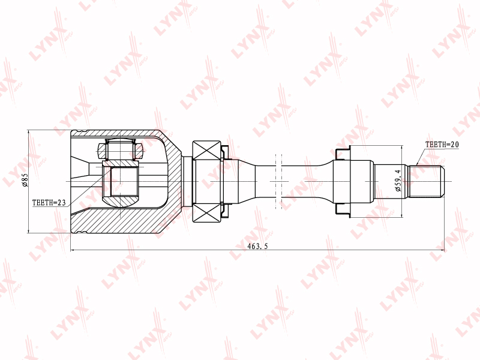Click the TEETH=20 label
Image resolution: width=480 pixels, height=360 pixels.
[442, 145]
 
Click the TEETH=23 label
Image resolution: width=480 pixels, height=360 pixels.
[49, 203]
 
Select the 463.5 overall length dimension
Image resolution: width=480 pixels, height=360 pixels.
[257, 246]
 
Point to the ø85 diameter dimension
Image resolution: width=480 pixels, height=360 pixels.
[25, 180]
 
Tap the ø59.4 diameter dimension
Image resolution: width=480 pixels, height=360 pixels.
[398, 181]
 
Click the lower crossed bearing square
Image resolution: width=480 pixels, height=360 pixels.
[206, 213]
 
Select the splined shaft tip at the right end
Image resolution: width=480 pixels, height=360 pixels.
[427, 181]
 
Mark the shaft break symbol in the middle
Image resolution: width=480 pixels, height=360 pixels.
[278, 181]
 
